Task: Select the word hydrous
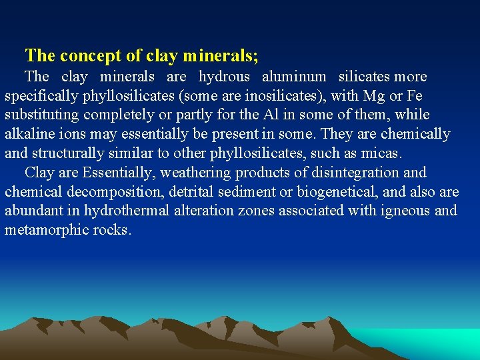click(224, 77)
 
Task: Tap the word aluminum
click(294, 77)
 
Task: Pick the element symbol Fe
click(413, 96)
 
